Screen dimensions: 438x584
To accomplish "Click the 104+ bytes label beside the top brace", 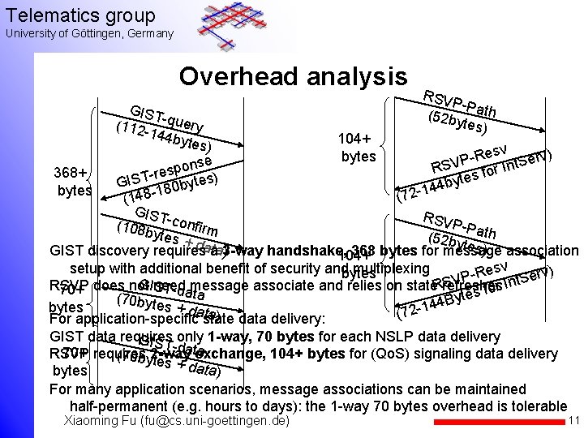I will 358,146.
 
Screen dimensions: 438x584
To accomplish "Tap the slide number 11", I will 573,421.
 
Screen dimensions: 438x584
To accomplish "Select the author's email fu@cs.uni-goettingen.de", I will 219,422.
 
